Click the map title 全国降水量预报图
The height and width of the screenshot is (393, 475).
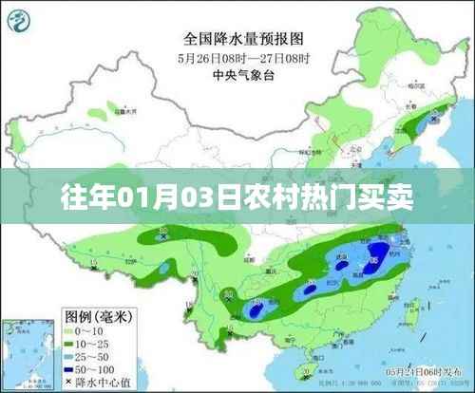237,40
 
